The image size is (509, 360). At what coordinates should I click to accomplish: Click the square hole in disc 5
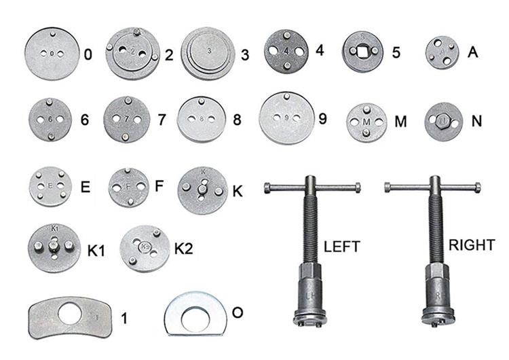(363, 51)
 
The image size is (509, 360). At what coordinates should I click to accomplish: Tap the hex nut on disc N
(442, 121)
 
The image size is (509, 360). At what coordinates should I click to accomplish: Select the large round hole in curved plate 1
(70, 313)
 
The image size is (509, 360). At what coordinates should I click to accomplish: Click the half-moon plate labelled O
(195, 314)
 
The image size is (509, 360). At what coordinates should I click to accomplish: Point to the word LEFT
(342, 247)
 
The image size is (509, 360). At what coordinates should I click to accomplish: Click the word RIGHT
(472, 245)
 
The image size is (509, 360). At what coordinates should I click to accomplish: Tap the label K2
(184, 249)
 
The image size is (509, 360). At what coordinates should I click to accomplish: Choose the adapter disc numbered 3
(208, 53)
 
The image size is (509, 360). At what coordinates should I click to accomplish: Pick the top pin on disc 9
(286, 96)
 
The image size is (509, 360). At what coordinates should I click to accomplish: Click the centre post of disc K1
(54, 245)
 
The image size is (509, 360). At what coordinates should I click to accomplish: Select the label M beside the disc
(400, 122)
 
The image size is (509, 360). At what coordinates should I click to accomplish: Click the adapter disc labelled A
(442, 52)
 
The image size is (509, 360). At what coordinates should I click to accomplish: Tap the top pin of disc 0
(53, 34)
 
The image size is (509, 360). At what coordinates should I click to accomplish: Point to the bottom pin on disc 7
(126, 137)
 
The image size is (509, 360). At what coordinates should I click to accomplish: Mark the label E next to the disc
(86, 187)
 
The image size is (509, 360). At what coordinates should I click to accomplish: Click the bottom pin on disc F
(130, 202)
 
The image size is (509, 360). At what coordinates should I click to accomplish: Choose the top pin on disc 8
(202, 101)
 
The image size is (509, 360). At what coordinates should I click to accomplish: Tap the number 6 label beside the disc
(84, 120)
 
